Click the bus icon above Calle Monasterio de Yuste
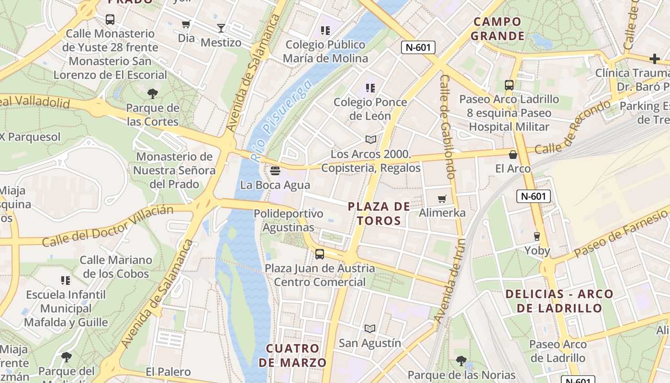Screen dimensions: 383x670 [x=110, y=20]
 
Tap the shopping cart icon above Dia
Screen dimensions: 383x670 [x=186, y=24]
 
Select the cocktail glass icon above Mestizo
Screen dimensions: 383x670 [x=221, y=28]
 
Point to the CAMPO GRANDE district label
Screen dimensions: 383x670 [x=497, y=29]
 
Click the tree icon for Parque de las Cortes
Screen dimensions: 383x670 [x=153, y=93]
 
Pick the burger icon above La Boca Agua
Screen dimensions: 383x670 [x=275, y=170]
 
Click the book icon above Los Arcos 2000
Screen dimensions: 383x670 [x=370, y=139]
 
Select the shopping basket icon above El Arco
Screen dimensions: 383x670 [x=513, y=154]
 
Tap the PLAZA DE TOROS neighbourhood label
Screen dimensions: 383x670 [x=379, y=214]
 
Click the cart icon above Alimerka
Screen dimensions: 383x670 [x=442, y=199]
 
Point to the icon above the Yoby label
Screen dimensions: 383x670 [x=537, y=236]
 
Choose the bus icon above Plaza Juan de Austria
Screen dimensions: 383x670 [x=320, y=254]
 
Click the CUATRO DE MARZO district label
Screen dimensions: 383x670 [x=292, y=355]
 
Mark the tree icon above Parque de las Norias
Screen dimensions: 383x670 [x=461, y=360]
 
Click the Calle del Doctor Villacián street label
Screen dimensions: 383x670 [x=107, y=226]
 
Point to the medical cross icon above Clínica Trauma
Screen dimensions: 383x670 [x=654, y=59]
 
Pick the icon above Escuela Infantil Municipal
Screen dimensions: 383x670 [x=66, y=280]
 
